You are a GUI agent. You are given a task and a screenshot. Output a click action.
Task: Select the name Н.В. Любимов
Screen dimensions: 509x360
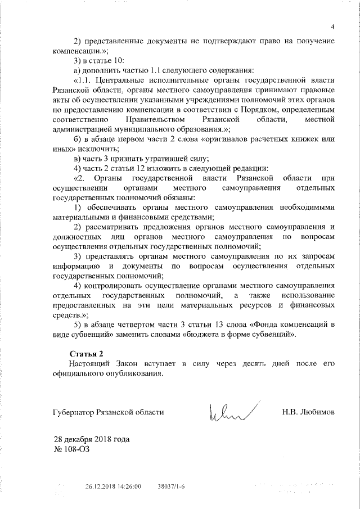[x=308, y=412]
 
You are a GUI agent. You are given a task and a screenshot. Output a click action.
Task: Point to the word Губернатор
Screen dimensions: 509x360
[x=74, y=412]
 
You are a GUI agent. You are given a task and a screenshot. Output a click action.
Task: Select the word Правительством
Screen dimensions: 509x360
[x=155, y=120]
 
